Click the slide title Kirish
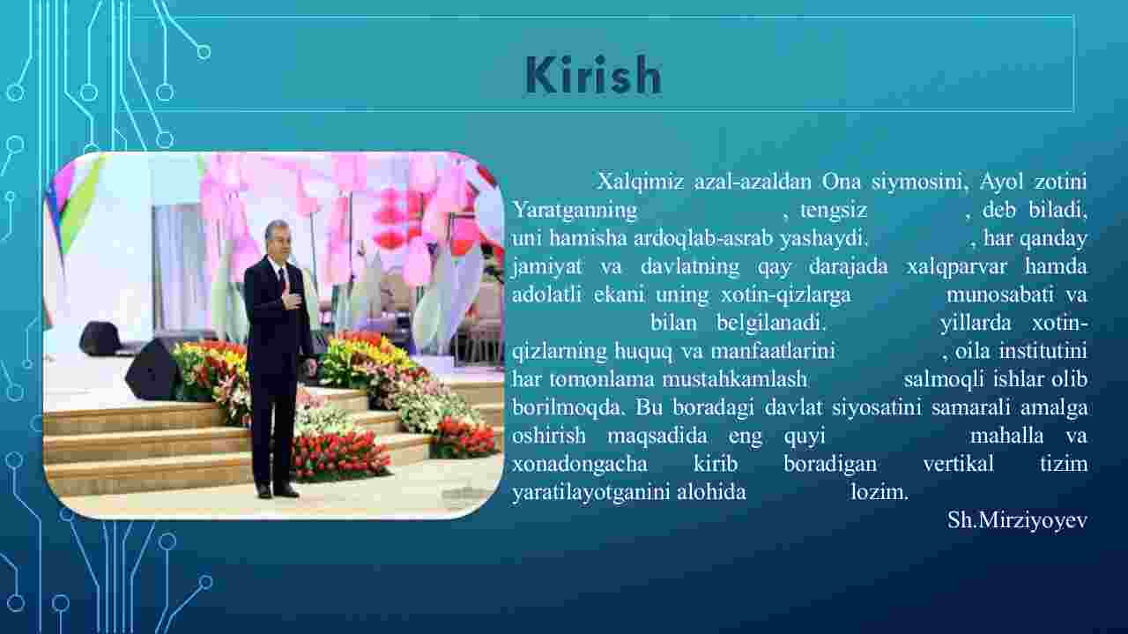[x=593, y=76]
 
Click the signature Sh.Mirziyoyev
[x=1017, y=520]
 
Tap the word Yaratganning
[x=575, y=210]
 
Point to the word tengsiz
[x=834, y=210]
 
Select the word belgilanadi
[x=771, y=323]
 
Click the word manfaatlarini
[x=773, y=350]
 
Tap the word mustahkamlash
[x=735, y=379]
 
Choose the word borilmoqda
[x=568, y=407]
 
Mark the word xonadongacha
[x=580, y=464]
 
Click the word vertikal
[x=958, y=464]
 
